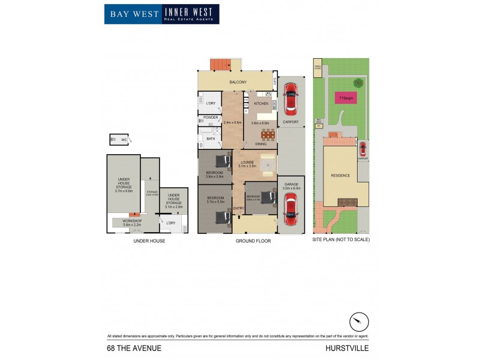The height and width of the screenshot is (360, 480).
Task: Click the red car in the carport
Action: [x=290, y=98]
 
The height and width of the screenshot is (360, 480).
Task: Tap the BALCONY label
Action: [x=238, y=82]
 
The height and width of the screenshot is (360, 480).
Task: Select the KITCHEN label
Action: [x=260, y=104]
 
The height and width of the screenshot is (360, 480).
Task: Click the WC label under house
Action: [x=124, y=140]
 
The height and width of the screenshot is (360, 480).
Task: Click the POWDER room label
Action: [x=211, y=118]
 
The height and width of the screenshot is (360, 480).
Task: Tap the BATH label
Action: [x=211, y=139]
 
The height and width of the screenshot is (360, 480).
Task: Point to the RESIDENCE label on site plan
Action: [x=340, y=175]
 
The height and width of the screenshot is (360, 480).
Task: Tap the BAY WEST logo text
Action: [x=133, y=13]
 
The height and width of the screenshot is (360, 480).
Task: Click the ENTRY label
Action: [x=238, y=208]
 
